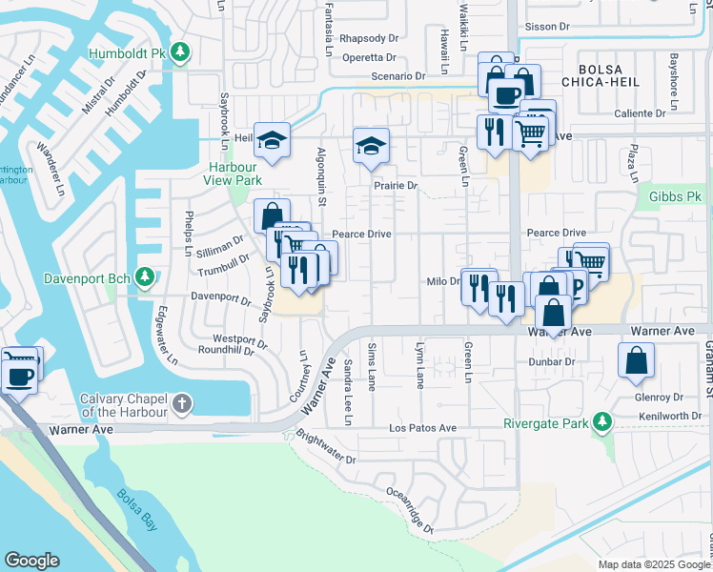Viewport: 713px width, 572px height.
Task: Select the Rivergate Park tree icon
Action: (x=601, y=421)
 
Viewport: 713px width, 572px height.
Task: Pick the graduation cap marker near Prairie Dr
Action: (x=371, y=145)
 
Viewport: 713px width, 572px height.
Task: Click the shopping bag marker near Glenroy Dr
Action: (x=636, y=361)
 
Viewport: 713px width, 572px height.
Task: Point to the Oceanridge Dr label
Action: (x=411, y=509)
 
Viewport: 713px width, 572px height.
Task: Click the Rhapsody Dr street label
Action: (x=368, y=38)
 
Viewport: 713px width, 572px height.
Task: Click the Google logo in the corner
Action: (x=31, y=561)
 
